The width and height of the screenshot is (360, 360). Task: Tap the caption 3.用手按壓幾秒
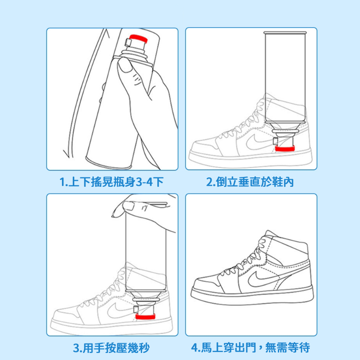[111, 348]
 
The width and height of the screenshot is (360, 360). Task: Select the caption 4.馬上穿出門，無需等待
[251, 348]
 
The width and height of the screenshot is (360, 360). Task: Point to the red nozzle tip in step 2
[284, 148]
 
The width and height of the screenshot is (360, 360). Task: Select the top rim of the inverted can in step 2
[285, 32]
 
